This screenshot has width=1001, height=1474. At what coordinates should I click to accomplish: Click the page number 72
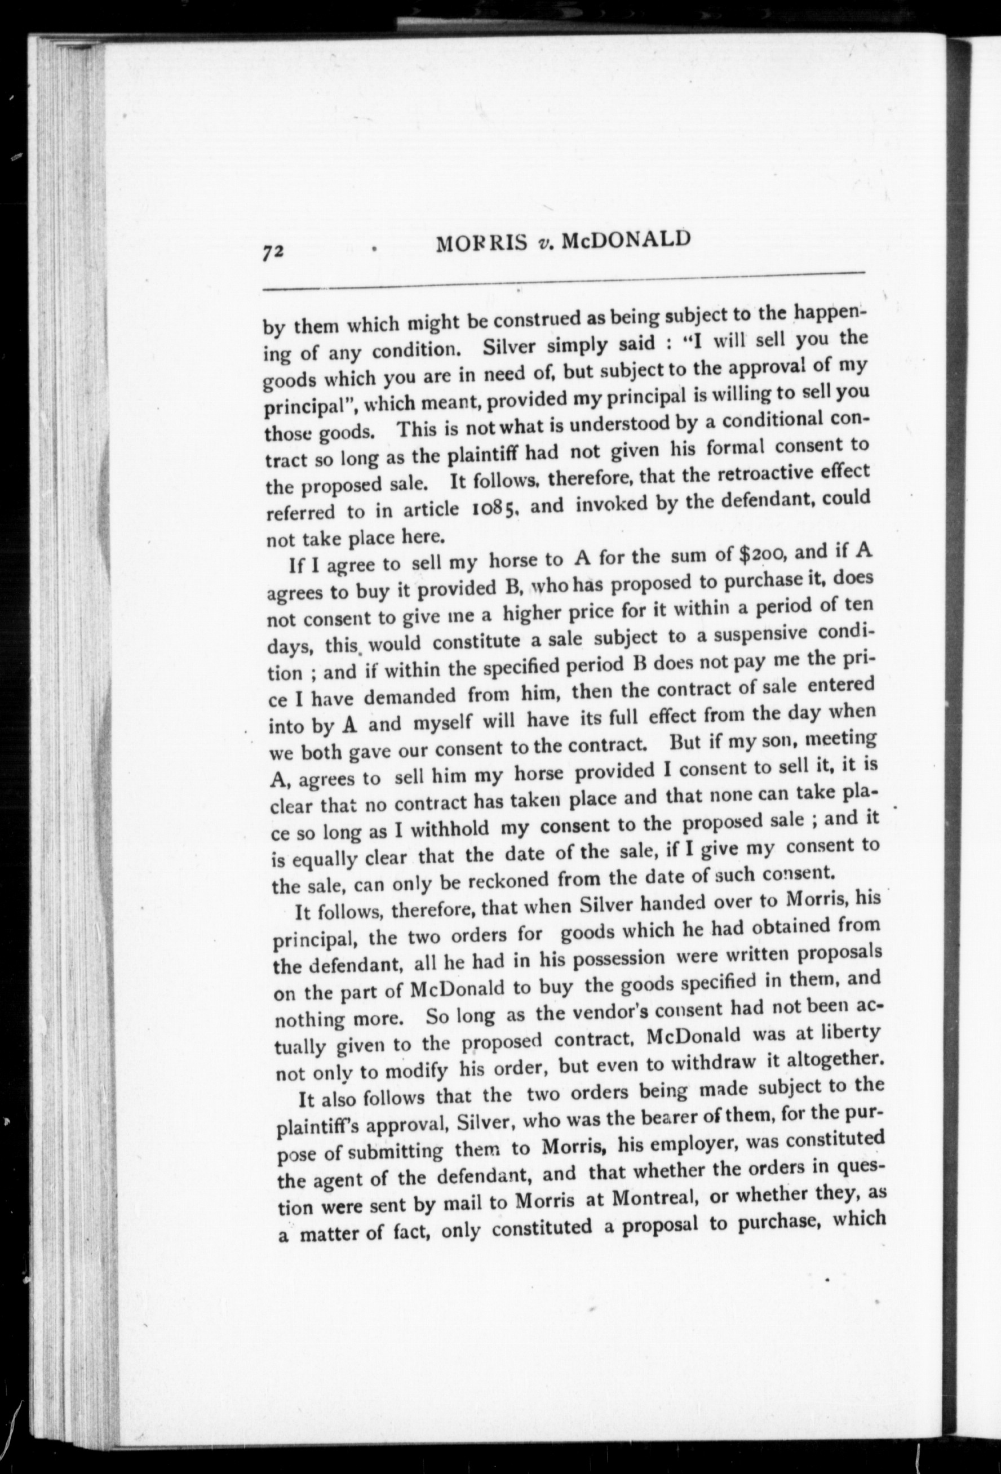pos(274,251)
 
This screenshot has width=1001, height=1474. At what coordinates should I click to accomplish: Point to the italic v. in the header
pos(544,244)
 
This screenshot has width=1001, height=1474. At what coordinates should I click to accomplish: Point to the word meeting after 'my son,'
pos(844,740)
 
